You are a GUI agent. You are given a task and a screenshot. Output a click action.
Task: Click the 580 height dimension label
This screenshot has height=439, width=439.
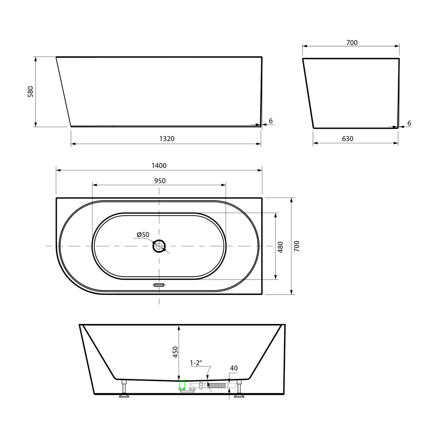31,92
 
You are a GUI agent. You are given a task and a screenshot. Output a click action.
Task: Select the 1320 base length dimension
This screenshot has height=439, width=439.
167,139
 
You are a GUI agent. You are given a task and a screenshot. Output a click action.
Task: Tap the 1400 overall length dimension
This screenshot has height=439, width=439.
159,166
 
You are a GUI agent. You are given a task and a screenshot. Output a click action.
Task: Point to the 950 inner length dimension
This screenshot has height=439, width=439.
160,181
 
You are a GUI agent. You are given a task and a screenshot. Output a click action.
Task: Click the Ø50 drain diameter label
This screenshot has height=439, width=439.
143,234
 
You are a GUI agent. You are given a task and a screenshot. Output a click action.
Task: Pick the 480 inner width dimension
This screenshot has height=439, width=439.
280,247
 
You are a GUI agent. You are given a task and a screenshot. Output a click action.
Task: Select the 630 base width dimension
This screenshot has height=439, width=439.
347,139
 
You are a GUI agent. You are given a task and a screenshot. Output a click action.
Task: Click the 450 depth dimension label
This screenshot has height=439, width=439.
175,352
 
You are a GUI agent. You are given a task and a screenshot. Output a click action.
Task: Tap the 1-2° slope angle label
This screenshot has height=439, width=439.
196,363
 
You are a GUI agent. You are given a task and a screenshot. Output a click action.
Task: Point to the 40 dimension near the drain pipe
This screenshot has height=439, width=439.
234,368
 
